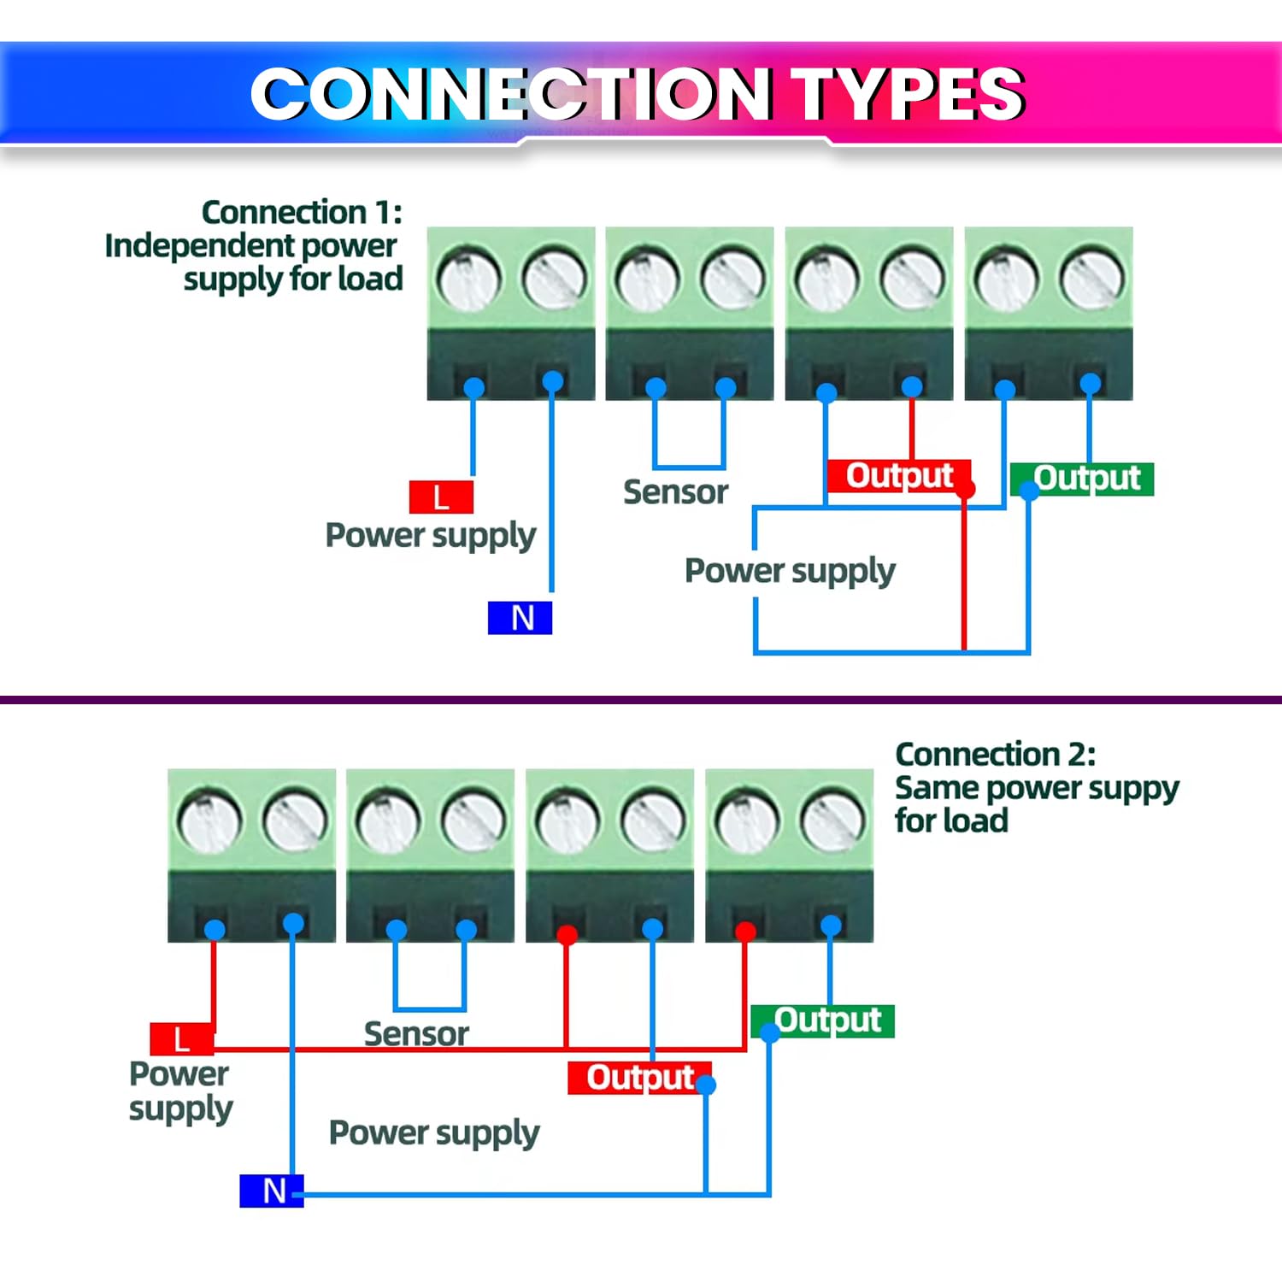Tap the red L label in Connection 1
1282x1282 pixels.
pos(441,497)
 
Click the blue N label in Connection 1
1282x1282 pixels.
pos(520,618)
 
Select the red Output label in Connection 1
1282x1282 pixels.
pos(898,475)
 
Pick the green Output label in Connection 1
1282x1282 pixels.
pos(1084,479)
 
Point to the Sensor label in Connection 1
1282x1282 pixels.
pos(675,492)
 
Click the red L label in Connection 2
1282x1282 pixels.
pos(180,1039)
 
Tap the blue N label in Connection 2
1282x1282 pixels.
pos(272,1191)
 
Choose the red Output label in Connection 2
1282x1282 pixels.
pos(639,1078)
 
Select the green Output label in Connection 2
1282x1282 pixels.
pos(824,1020)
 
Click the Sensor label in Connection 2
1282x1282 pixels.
pos(416,1034)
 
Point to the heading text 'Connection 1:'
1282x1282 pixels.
pos(301,212)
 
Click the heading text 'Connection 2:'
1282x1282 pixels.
pos(995,755)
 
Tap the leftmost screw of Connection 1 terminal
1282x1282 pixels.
pos(468,279)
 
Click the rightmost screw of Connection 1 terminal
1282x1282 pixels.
pos(1091,279)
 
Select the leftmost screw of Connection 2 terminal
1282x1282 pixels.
pos(209,821)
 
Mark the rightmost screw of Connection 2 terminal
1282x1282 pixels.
pos(832,821)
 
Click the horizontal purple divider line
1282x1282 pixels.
pos(641,700)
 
